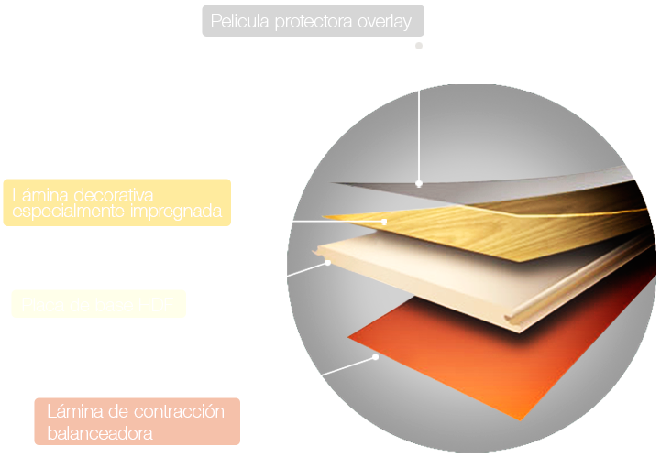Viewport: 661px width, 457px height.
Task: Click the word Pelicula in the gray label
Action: click(240, 20)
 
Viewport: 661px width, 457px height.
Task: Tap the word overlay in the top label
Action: click(383, 20)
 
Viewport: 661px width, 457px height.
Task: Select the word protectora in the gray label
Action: click(314, 20)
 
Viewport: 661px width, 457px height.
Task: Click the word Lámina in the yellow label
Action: click(39, 195)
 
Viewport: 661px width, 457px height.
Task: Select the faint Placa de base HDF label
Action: click(98, 303)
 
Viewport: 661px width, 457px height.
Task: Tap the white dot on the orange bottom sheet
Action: click(376, 357)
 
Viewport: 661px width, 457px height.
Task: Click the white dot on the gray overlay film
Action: click(419, 181)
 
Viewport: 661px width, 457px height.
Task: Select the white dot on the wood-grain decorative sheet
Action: click(385, 221)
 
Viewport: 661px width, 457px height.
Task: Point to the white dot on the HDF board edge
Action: click(327, 263)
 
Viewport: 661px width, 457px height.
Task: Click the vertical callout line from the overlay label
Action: click(419, 119)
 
